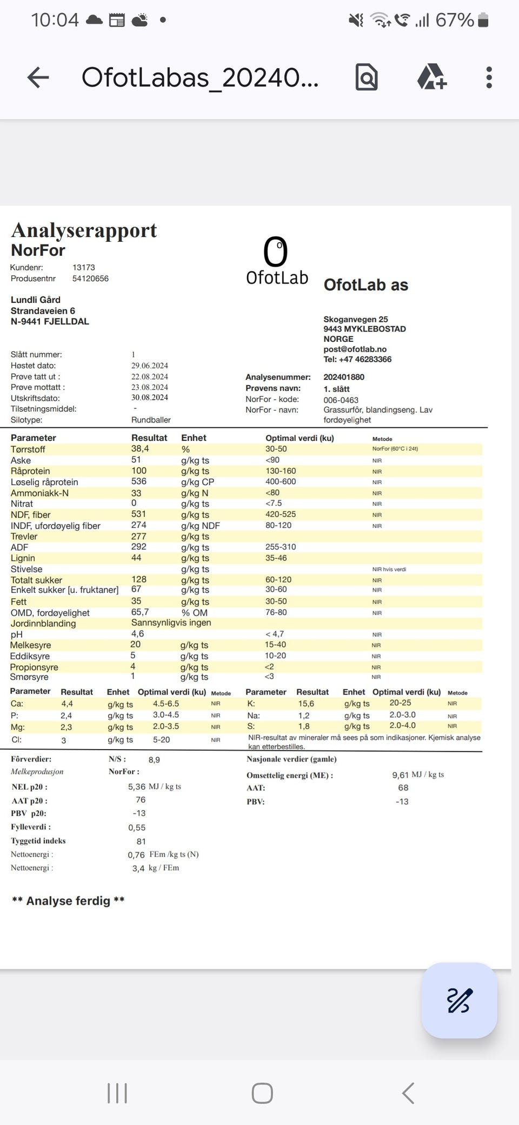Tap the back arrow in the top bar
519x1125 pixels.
tap(38, 77)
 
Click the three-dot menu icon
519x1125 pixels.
tap(489, 77)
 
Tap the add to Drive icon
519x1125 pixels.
tap(431, 77)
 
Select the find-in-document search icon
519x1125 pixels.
tap(367, 77)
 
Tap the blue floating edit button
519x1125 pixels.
tap(459, 1000)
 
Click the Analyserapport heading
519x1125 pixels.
tap(84, 230)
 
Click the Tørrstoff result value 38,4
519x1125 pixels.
tap(140, 449)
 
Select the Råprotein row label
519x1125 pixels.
tap(30, 471)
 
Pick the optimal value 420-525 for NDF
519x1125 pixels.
tap(281, 514)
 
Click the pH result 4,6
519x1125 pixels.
tap(137, 633)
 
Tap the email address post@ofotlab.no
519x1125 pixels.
tap(355, 349)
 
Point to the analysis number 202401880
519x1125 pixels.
tap(344, 377)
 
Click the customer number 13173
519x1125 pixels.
tap(84, 267)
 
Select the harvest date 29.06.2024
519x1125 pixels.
tap(150, 366)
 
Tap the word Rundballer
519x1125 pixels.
tap(151, 420)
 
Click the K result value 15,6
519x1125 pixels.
tap(306, 704)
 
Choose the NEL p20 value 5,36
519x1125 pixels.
tap(137, 786)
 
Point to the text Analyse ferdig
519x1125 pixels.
tap(68, 901)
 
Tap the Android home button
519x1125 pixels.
tap(262, 1093)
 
